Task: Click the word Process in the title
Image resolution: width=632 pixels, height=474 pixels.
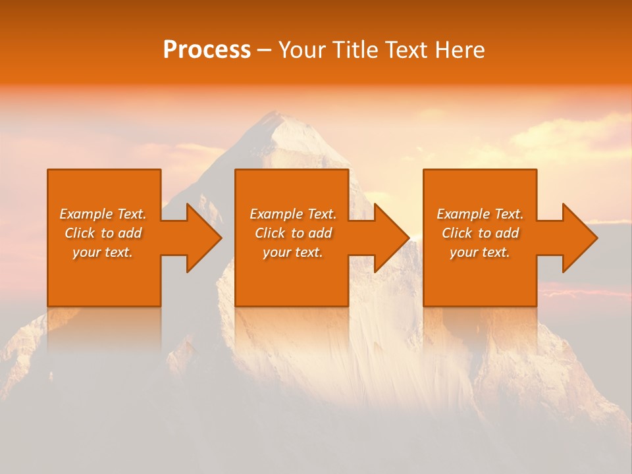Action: point(207,50)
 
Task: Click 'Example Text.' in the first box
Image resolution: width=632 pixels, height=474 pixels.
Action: point(103,214)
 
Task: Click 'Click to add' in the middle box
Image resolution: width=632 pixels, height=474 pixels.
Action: point(293,233)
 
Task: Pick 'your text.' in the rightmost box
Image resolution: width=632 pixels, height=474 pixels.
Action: point(479,252)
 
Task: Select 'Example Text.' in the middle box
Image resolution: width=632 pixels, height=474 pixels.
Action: point(293,214)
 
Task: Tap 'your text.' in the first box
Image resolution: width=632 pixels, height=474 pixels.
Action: point(103,252)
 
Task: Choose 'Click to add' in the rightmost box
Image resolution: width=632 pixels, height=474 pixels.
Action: point(480,233)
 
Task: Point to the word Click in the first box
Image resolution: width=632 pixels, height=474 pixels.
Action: point(80,233)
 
